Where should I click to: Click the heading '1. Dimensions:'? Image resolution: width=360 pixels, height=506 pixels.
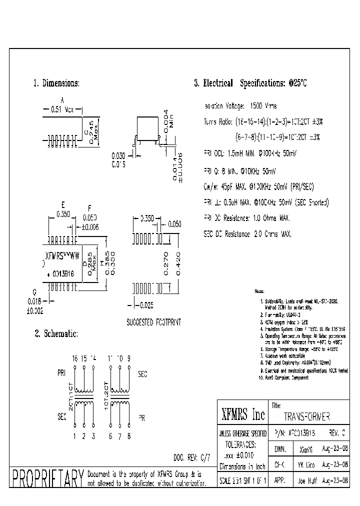(56, 83)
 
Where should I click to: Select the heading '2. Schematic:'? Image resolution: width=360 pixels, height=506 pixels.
(55, 333)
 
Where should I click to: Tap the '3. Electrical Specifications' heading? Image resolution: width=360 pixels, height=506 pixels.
(250, 83)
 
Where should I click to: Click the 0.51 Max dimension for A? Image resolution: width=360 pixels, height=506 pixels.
(62, 109)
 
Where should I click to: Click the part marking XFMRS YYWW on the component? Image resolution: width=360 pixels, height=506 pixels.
(59, 254)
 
